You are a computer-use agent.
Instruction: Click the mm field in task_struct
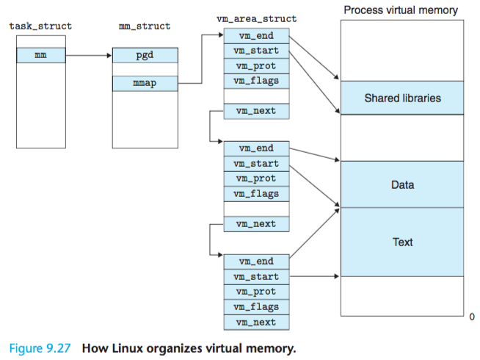40,54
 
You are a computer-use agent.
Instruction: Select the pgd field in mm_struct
145,55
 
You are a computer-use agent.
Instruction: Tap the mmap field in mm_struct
145,83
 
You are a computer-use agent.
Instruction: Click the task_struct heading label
40,26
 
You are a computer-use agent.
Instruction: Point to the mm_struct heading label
145,26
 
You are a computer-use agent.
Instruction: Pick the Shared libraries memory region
402,98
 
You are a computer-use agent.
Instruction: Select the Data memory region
402,184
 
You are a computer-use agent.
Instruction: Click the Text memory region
402,242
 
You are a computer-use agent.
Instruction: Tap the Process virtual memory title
401,10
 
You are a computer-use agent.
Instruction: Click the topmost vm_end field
255,35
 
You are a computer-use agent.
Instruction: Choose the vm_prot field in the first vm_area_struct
255,65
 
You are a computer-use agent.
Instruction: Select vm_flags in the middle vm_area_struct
255,194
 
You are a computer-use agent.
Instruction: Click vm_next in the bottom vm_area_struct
255,323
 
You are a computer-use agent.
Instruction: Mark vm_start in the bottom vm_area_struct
255,277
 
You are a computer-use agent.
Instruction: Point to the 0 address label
472,317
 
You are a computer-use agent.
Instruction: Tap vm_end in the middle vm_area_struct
255,148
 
